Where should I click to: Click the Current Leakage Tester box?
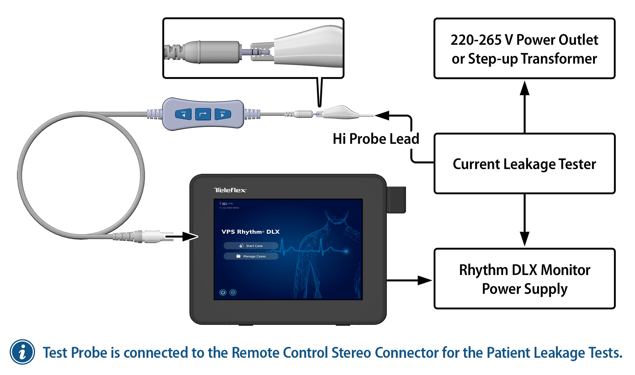click(x=524, y=164)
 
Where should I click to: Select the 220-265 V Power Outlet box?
click(x=524, y=49)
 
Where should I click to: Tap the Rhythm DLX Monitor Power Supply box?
click(x=524, y=279)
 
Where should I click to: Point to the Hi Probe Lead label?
click(x=376, y=139)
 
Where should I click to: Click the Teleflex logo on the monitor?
click(x=230, y=190)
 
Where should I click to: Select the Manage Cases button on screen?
click(x=251, y=256)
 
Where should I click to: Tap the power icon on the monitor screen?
click(x=223, y=292)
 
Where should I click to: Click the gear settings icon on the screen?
click(x=233, y=292)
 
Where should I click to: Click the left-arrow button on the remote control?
click(x=183, y=115)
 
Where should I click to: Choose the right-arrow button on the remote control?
click(x=223, y=115)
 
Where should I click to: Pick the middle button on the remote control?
click(x=203, y=115)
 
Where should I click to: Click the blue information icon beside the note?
click(x=22, y=352)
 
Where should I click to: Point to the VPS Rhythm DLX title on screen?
click(x=250, y=232)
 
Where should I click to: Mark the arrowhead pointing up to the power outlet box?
click(x=525, y=89)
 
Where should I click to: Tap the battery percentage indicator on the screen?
click(x=228, y=204)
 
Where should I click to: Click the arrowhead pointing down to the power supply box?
click(x=525, y=238)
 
